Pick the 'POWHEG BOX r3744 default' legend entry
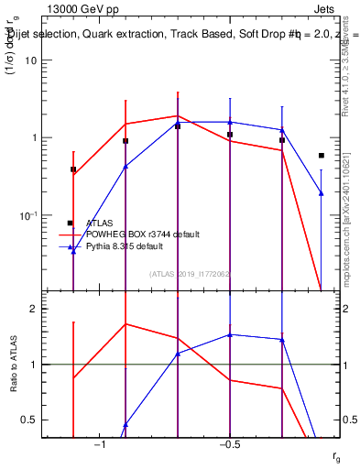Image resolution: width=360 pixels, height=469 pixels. click(143, 234)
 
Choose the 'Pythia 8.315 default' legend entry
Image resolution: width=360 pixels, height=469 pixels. click(134, 246)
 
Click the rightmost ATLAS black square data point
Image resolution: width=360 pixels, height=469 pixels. click(321, 156)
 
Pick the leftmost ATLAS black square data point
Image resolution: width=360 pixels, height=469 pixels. click(73, 169)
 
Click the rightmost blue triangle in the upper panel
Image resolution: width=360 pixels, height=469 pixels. click(321, 192)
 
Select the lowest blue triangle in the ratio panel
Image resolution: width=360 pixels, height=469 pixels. click(125, 424)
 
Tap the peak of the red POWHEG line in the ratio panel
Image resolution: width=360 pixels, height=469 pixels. click(125, 323)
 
